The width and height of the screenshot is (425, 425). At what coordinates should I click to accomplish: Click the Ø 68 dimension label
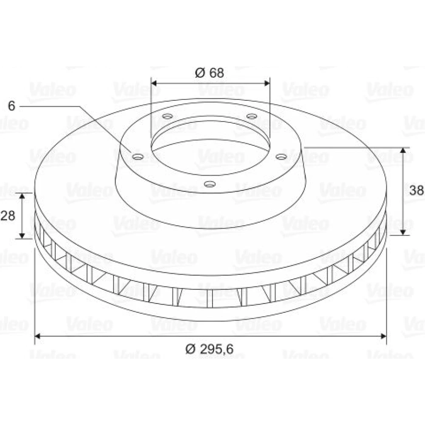[209, 73]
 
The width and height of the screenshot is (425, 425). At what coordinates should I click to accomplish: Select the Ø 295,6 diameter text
[209, 348]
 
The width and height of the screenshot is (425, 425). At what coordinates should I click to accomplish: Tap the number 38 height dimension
[416, 190]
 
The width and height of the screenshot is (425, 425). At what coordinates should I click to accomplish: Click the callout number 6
[11, 106]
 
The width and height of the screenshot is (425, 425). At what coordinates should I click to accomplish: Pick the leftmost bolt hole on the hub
[138, 157]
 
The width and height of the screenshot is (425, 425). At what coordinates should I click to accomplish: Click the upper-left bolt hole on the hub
[167, 116]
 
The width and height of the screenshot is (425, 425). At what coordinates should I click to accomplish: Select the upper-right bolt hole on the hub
[252, 116]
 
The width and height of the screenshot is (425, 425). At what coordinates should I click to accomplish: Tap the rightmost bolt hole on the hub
[281, 157]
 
